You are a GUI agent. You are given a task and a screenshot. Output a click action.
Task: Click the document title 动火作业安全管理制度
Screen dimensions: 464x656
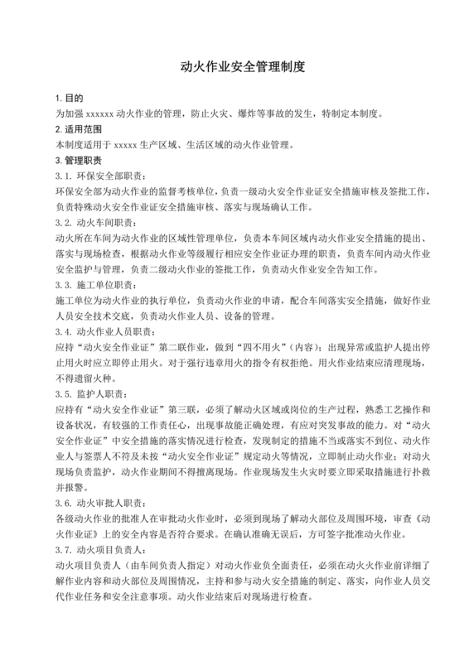tap(232, 68)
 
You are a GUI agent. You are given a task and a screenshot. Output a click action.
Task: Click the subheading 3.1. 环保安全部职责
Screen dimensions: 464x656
tap(103, 176)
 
